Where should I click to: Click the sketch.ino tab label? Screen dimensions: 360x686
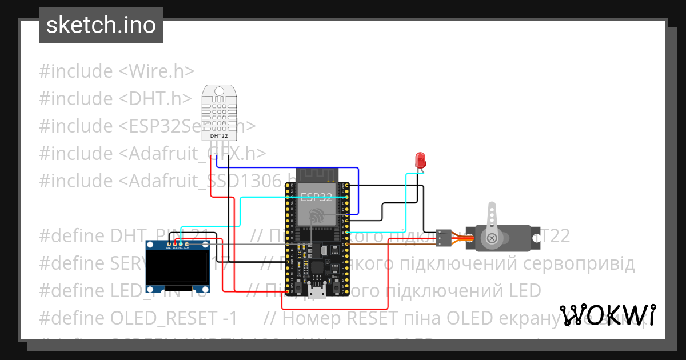101,25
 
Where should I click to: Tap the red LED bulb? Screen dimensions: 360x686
421,159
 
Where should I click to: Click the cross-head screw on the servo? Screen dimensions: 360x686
490,237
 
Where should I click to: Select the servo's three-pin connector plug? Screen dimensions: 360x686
443,238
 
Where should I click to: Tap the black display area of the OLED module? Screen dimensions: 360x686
178,268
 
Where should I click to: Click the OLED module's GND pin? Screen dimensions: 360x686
169,245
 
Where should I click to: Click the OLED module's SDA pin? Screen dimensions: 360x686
186,245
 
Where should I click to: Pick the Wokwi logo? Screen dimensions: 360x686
608,315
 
